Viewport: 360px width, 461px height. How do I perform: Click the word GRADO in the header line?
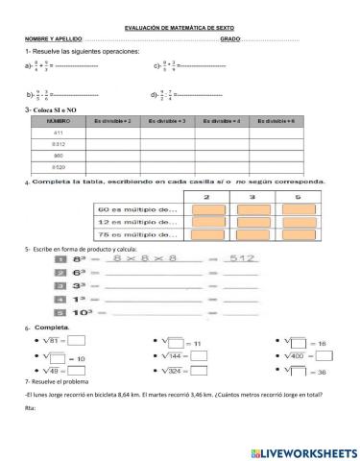click(x=230, y=39)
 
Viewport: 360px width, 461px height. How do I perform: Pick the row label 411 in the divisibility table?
click(x=59, y=135)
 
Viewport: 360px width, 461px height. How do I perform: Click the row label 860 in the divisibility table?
click(x=59, y=154)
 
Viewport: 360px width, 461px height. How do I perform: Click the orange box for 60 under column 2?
click(x=208, y=209)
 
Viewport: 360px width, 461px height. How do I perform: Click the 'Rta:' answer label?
click(x=30, y=408)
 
